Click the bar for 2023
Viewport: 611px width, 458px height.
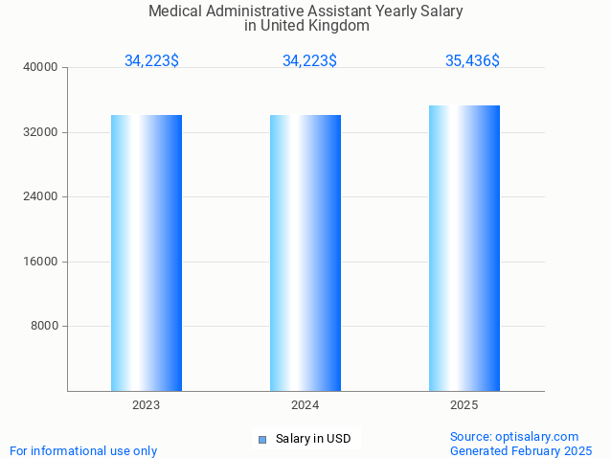[147, 253]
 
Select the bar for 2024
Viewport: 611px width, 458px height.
[305, 253]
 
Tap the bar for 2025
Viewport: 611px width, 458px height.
[464, 248]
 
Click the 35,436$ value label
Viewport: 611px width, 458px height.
[472, 61]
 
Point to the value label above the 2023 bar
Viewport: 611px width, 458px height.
[151, 61]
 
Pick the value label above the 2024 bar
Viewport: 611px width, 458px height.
[309, 61]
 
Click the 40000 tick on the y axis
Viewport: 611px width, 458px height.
[42, 68]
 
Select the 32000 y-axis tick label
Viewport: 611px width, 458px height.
[42, 132]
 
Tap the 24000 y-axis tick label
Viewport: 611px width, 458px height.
[42, 197]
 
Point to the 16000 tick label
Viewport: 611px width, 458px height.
[42, 262]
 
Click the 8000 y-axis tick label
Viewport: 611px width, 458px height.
[45, 327]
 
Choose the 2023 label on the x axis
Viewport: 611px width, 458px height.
[147, 406]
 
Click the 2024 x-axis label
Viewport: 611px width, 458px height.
[305, 406]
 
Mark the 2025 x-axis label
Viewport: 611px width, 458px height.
[464, 406]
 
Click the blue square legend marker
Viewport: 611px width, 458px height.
[261, 440]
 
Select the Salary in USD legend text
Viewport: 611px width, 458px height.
[313, 440]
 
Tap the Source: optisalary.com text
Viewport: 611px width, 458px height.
[514, 437]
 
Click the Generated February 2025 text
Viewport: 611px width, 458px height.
[521, 451]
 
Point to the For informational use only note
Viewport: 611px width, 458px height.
[83, 451]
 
